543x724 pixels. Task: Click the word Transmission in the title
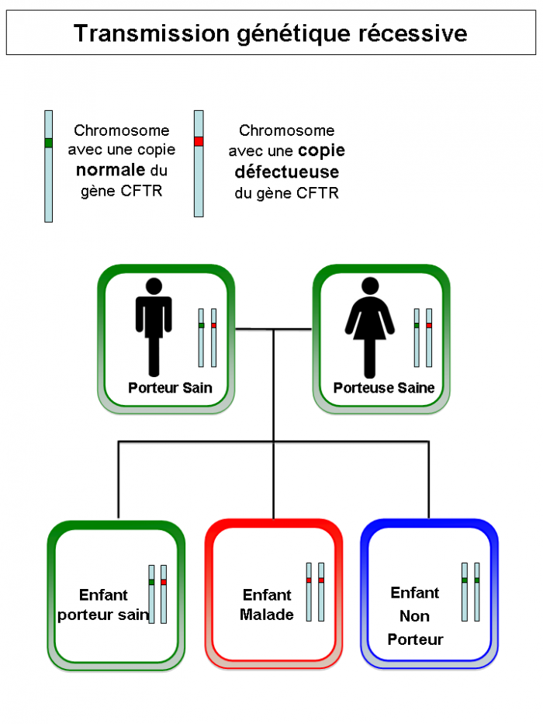(151, 33)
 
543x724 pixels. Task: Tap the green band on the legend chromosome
(48, 143)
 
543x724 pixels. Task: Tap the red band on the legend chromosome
(199, 141)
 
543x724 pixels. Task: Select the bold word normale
(111, 170)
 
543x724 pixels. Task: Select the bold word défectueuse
(287, 171)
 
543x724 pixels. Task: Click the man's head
(154, 286)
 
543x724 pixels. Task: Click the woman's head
(370, 286)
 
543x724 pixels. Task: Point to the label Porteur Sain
(170, 387)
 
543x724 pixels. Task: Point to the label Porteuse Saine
(384, 387)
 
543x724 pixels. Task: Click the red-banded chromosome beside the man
(214, 338)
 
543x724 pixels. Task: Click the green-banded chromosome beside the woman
(417, 338)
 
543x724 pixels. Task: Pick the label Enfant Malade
(266, 604)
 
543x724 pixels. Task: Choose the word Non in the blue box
(414, 616)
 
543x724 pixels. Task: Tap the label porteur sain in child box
(103, 615)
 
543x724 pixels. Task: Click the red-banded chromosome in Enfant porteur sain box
(164, 594)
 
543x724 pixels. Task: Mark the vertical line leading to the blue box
(428, 480)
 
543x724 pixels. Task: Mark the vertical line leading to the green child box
(119, 480)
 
